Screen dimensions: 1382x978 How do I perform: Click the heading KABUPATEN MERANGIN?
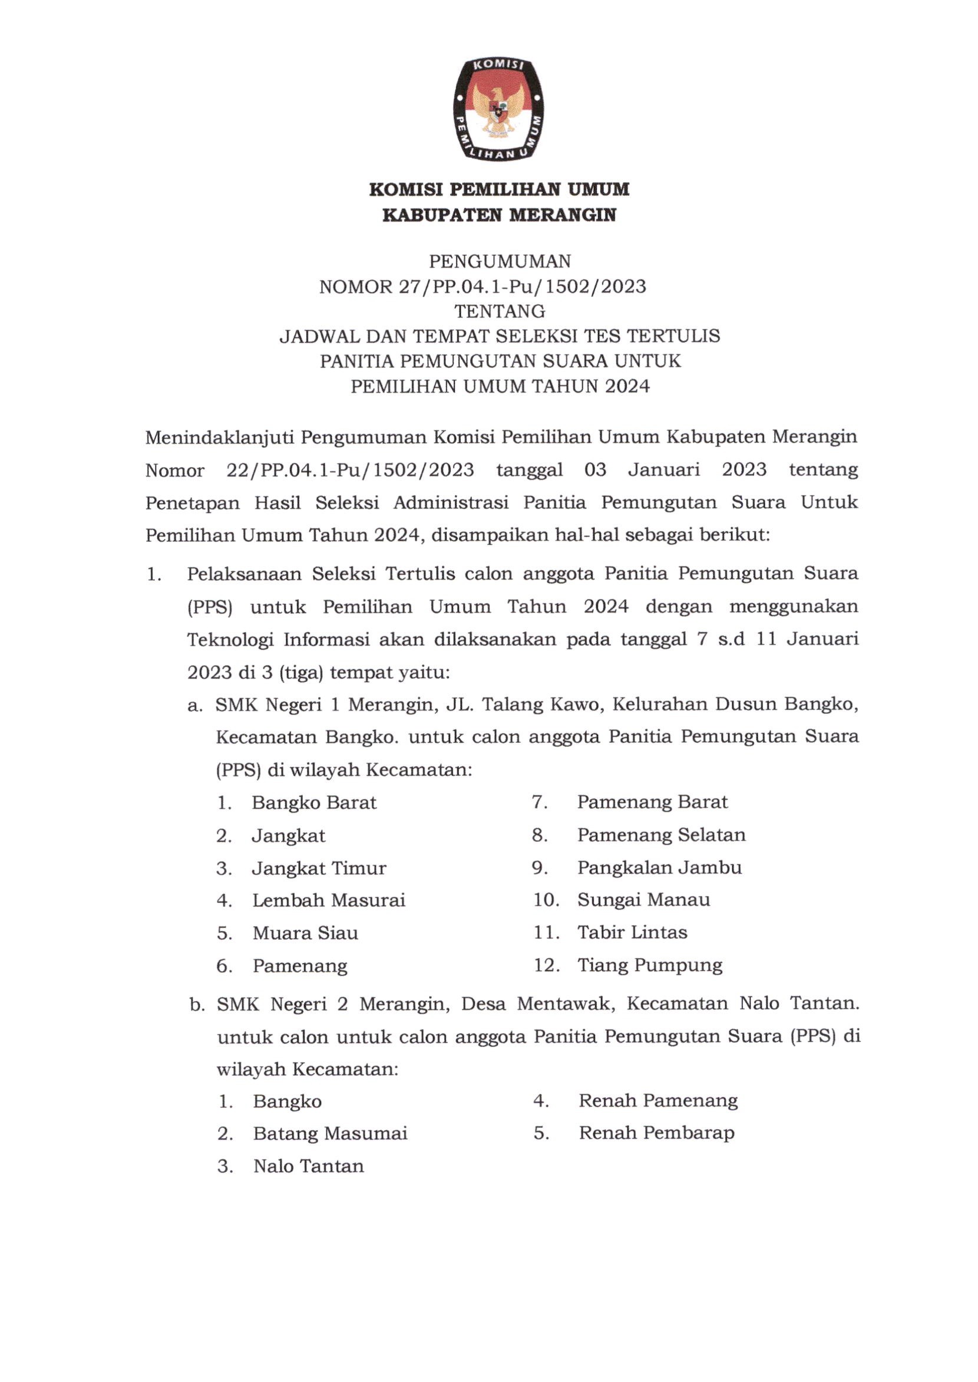(499, 215)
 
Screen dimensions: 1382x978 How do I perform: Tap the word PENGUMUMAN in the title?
(499, 261)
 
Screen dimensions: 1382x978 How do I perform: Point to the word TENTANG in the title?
(499, 311)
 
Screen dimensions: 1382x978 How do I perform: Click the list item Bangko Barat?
(314, 803)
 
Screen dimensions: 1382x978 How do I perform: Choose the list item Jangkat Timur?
(319, 868)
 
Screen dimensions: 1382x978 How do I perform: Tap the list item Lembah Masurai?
(328, 900)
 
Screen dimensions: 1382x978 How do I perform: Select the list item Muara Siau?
(305, 933)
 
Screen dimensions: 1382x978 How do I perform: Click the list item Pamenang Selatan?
(660, 835)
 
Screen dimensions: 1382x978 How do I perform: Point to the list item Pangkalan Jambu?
(659, 867)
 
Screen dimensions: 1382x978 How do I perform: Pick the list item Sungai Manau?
(643, 900)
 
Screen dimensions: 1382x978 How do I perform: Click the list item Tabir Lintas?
(632, 932)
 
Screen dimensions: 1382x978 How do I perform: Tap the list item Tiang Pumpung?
(649, 965)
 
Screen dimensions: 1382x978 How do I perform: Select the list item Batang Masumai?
(330, 1133)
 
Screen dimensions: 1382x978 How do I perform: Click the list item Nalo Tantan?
(308, 1166)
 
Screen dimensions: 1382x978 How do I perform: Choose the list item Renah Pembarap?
(656, 1133)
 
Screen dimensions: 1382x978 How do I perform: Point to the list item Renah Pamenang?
(657, 1101)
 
